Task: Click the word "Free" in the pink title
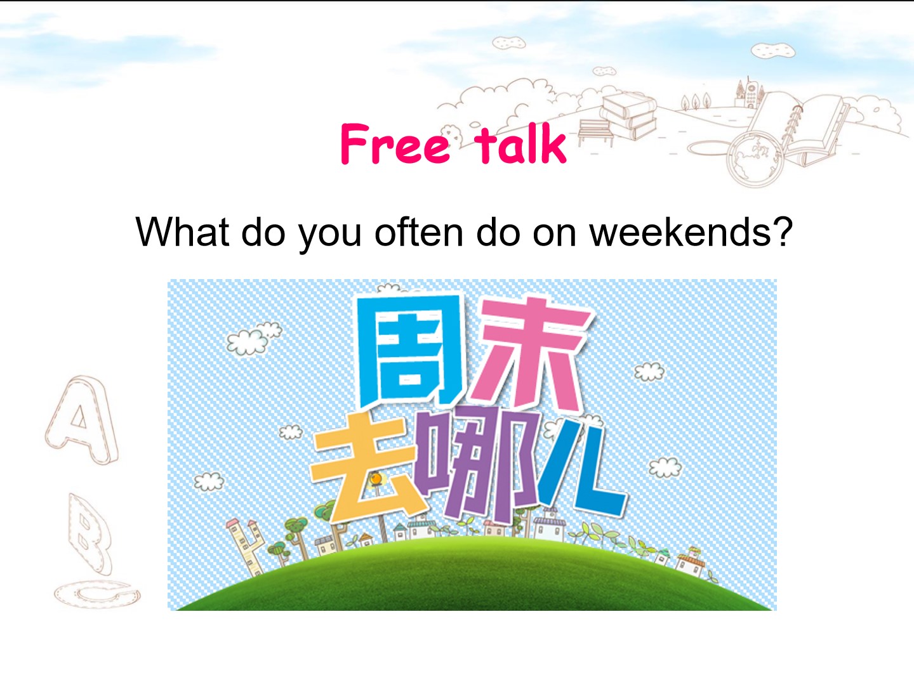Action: point(395,143)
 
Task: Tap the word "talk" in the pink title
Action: point(520,143)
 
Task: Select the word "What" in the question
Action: point(182,232)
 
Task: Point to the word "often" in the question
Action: point(418,232)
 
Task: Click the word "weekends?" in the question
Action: point(691,232)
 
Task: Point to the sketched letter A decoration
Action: point(82,420)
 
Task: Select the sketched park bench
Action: point(596,133)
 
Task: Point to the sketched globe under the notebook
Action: point(755,158)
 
